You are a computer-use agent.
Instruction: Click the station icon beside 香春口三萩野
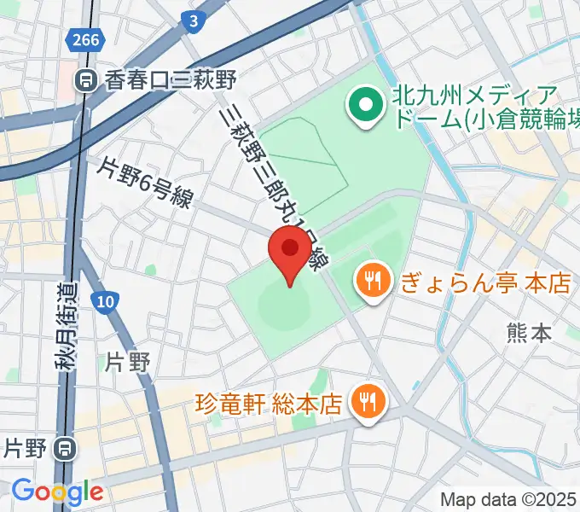(x=85, y=81)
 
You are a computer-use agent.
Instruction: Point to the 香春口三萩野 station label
(x=170, y=81)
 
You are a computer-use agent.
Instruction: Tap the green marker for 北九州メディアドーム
(x=366, y=107)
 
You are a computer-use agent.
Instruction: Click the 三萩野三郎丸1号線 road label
(x=272, y=178)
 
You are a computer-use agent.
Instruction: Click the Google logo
(x=56, y=491)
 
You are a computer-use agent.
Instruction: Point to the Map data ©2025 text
(x=507, y=499)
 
